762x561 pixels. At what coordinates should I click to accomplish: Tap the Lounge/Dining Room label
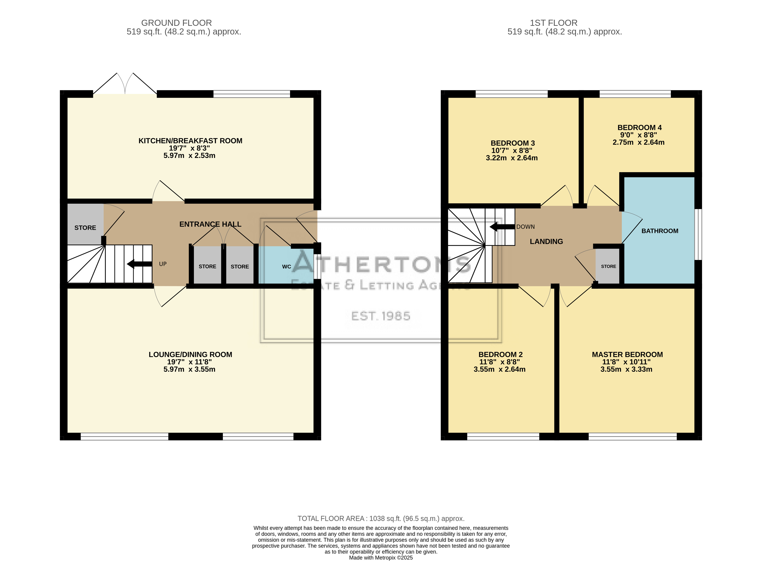pyautogui.click(x=190, y=354)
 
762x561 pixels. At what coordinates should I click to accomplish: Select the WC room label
pyautogui.click(x=287, y=267)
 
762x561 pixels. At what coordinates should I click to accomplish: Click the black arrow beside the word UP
pyautogui.click(x=139, y=264)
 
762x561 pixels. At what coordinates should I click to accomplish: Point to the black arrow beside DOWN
pyautogui.click(x=502, y=227)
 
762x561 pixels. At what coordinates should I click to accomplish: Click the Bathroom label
pyautogui.click(x=660, y=231)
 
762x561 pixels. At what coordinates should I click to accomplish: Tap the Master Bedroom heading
pyautogui.click(x=627, y=354)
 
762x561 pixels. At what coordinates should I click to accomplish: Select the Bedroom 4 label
pyautogui.click(x=640, y=128)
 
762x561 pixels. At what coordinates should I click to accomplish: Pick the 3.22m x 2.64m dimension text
pyautogui.click(x=512, y=158)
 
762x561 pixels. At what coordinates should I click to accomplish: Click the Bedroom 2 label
pyautogui.click(x=501, y=354)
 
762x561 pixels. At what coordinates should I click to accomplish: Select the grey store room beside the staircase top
pyautogui.click(x=85, y=224)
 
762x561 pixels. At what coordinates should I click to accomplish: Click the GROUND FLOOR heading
pyautogui.click(x=176, y=23)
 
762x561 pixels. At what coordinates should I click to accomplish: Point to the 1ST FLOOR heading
pyautogui.click(x=554, y=23)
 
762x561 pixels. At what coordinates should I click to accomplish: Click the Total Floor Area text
pyautogui.click(x=381, y=518)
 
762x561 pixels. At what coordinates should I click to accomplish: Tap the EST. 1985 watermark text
pyautogui.click(x=381, y=316)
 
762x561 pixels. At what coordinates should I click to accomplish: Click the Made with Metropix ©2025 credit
pyautogui.click(x=381, y=558)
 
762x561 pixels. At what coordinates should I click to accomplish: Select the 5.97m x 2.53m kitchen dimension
pyautogui.click(x=189, y=156)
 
